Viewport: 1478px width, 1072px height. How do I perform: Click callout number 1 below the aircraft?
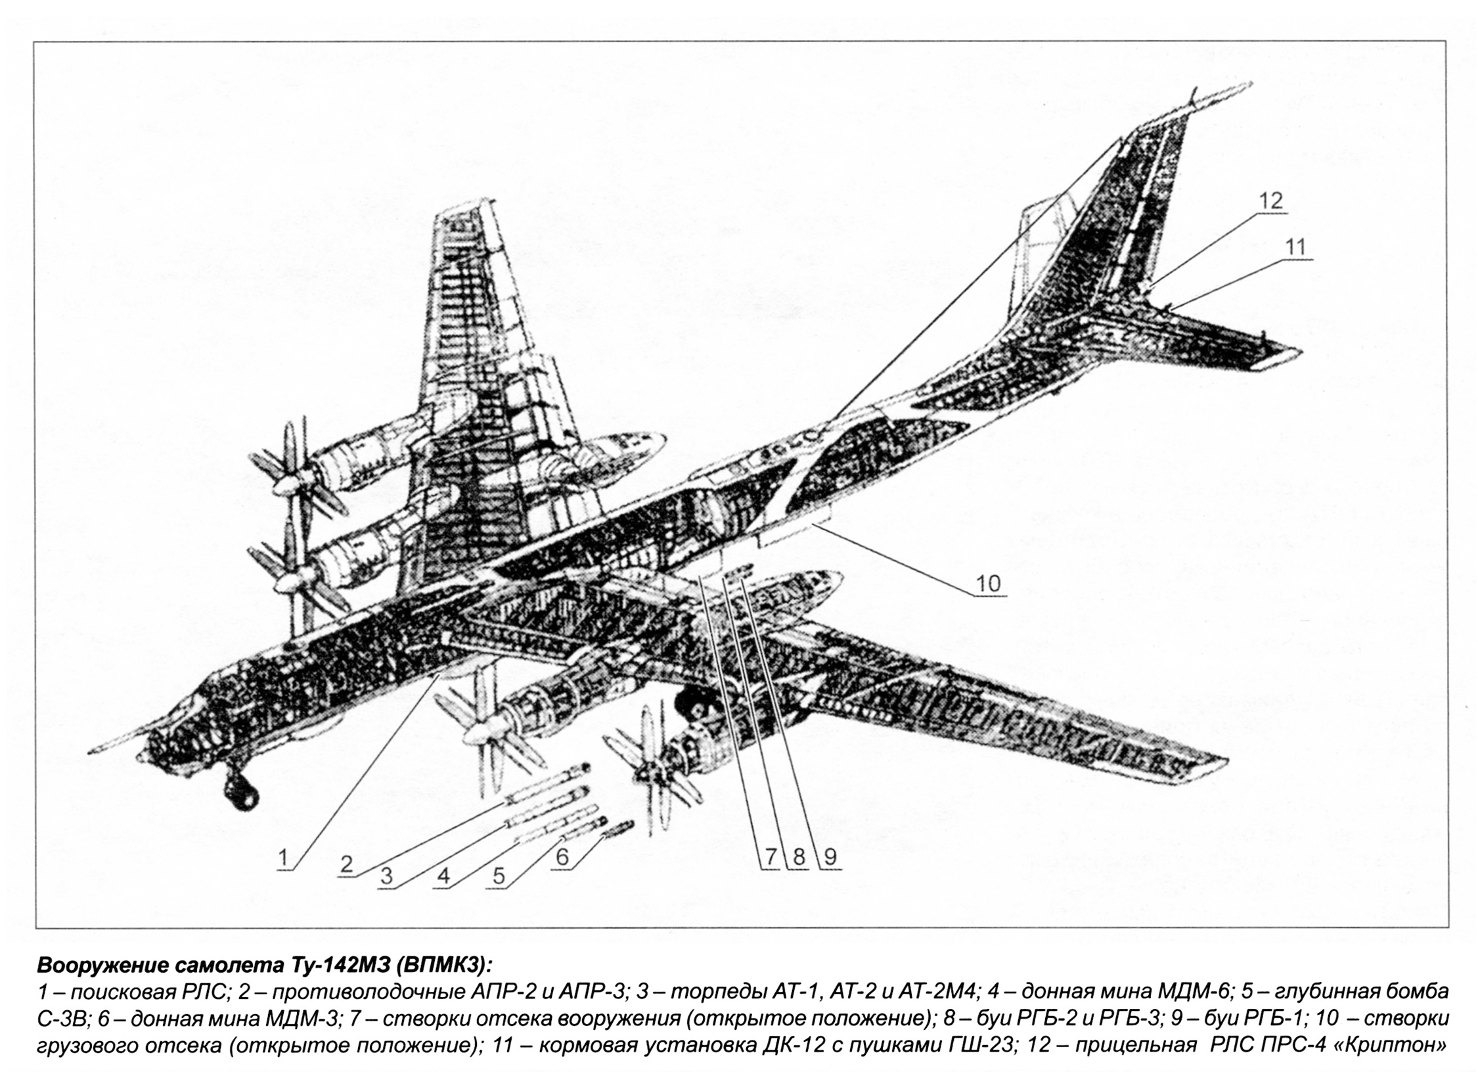click(284, 858)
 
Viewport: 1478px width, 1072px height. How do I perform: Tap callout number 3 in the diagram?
click(386, 875)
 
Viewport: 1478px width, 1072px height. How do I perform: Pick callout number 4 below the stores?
click(443, 875)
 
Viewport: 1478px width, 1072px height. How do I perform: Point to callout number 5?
click(499, 875)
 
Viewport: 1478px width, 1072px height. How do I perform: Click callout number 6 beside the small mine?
click(562, 856)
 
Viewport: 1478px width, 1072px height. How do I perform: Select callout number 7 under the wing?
click(770, 856)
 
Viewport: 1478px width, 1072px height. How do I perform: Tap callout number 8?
click(798, 856)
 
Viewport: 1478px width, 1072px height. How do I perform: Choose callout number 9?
click(829, 856)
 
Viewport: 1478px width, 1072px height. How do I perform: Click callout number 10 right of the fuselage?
click(989, 583)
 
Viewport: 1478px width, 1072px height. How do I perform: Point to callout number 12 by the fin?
click(1271, 200)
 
